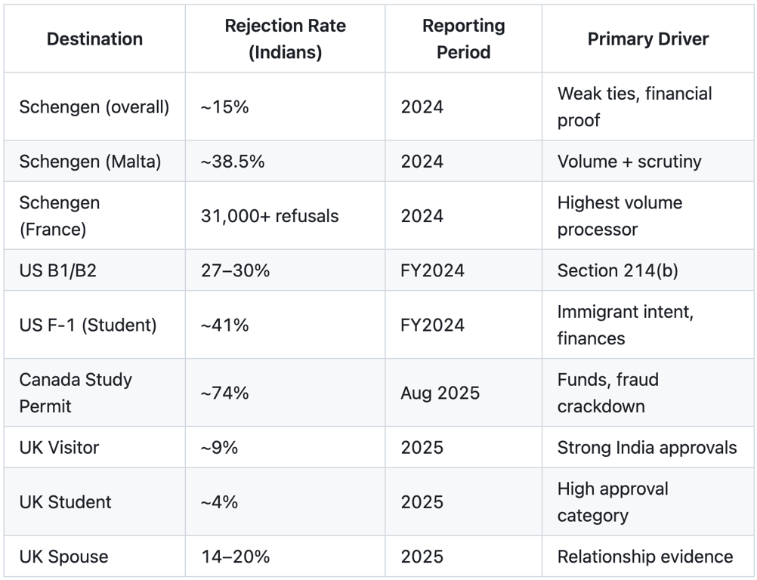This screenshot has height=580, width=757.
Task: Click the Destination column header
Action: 94,39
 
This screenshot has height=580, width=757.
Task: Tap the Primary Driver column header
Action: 648,39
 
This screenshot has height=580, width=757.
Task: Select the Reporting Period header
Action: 463,39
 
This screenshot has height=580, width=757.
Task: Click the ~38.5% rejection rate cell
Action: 233,161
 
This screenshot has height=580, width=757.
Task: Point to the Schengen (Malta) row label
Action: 90,161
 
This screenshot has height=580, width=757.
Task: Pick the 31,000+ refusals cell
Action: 270,216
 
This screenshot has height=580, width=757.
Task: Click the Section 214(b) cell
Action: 617,270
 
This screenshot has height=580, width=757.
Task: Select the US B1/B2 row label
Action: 58,270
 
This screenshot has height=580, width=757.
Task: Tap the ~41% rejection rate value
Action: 225,325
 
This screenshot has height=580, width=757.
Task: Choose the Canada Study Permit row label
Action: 76,393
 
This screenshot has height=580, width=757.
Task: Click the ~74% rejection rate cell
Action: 225,393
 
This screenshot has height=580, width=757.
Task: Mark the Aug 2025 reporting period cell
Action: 440,393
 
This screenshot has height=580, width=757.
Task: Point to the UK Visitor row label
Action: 59,447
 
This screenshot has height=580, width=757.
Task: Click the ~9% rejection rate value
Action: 220,447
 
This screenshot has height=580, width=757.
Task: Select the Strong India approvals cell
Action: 647,447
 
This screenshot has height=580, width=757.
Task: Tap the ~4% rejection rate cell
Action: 220,501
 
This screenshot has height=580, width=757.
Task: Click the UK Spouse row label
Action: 63,557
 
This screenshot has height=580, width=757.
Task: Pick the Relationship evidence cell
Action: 645,557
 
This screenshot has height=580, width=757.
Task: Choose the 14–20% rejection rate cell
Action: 235,557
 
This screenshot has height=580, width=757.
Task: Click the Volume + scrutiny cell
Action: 629,161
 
